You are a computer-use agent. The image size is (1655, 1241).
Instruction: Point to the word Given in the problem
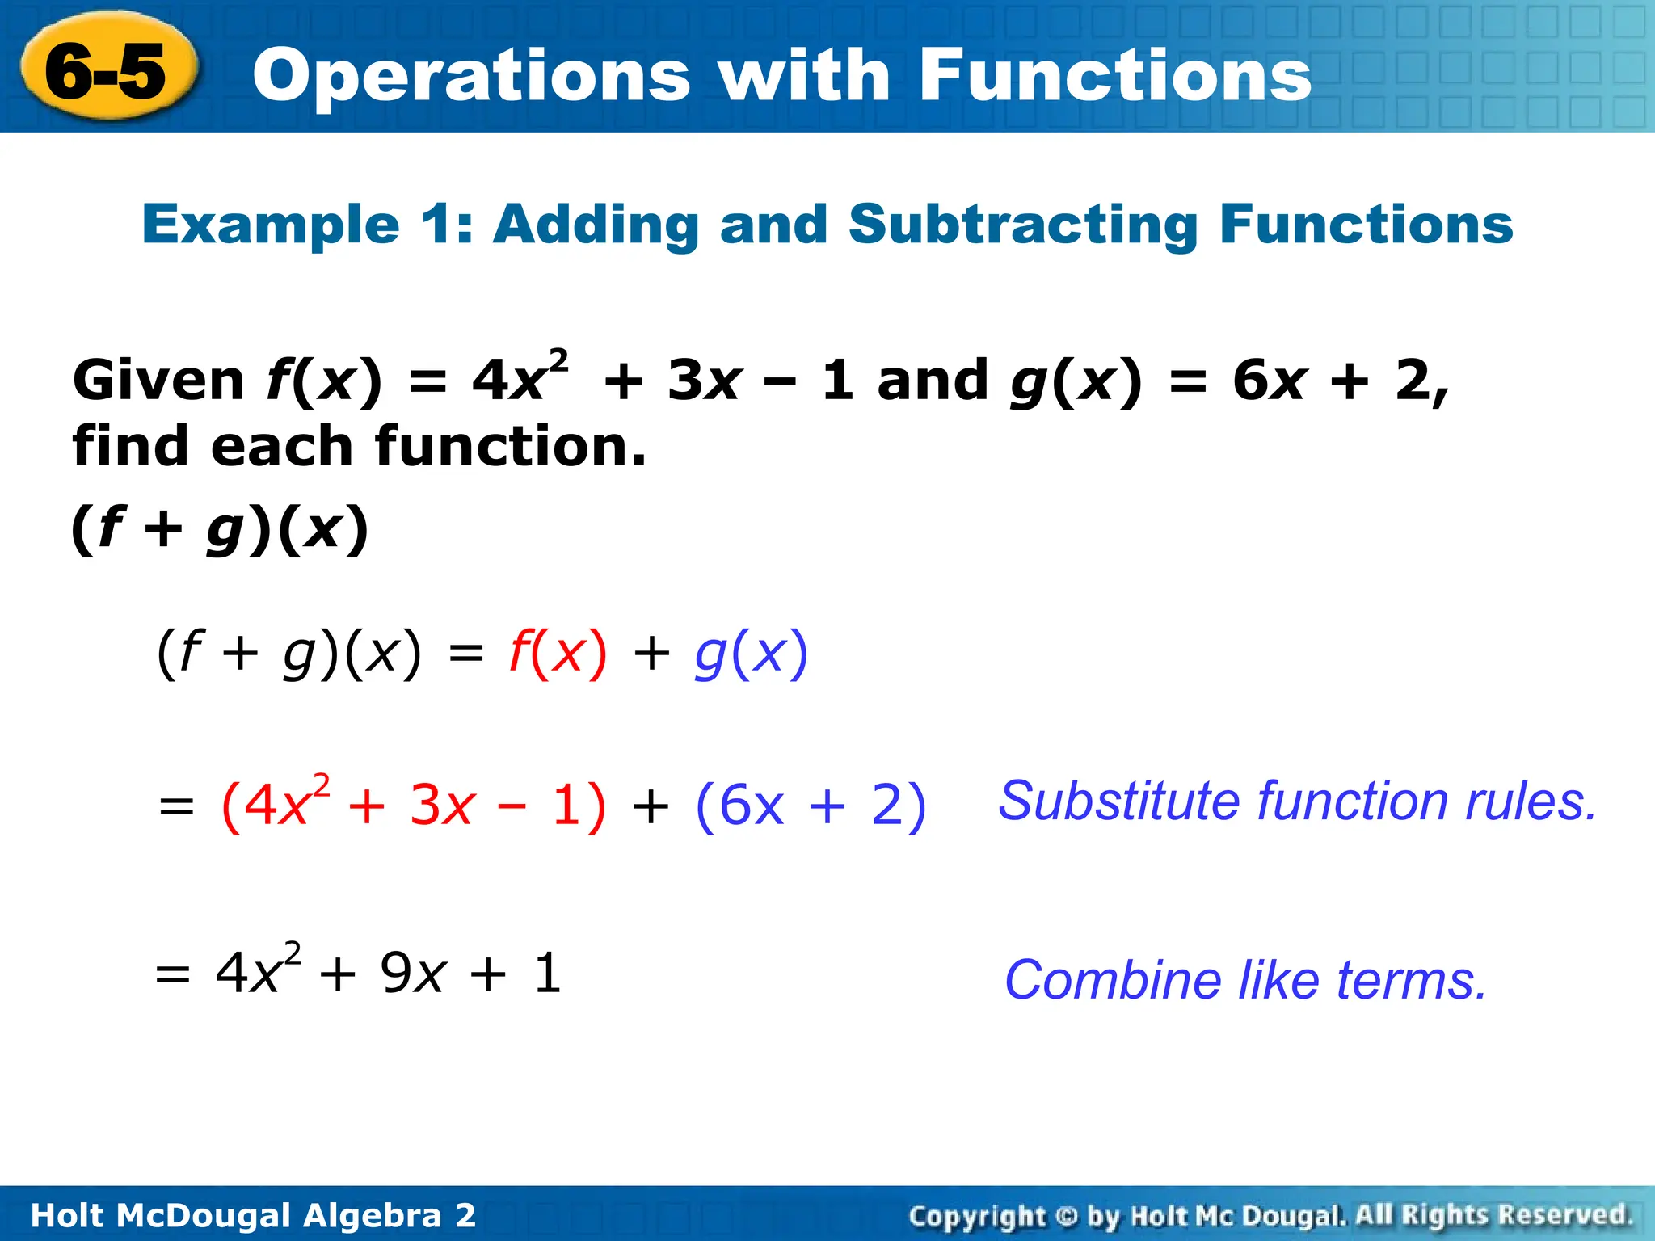(x=158, y=380)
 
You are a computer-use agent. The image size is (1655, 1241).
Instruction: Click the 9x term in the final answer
(x=413, y=973)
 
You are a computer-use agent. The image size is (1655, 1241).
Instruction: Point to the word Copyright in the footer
(x=977, y=1215)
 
